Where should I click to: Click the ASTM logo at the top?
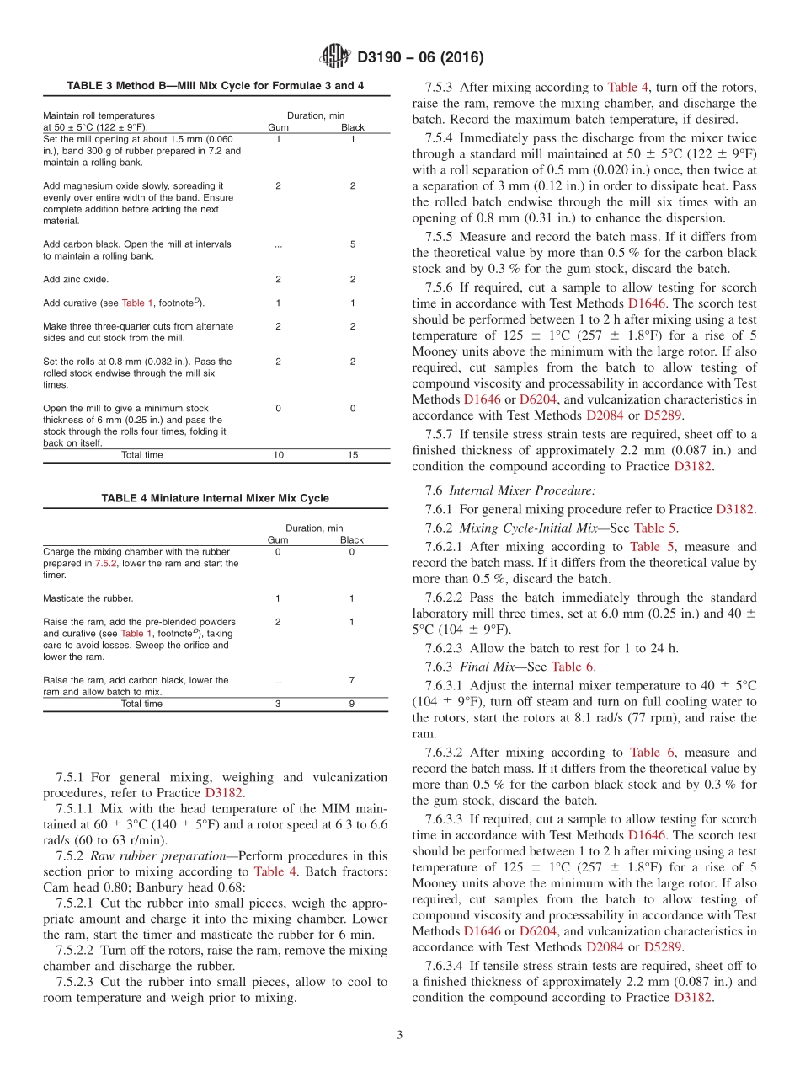(x=335, y=56)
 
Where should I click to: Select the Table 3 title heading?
(x=216, y=86)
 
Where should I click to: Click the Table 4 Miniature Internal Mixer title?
(x=216, y=498)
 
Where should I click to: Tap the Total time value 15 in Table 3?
(x=352, y=455)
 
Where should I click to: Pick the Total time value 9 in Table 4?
(x=352, y=704)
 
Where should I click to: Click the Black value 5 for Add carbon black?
(x=352, y=244)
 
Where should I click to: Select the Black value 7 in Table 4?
(x=352, y=680)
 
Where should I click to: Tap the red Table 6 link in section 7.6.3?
(x=572, y=667)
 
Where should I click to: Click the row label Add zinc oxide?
(x=76, y=279)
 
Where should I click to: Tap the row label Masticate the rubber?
(x=88, y=598)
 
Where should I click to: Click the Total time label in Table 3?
(x=142, y=455)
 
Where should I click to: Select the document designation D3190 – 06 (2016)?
(x=420, y=57)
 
